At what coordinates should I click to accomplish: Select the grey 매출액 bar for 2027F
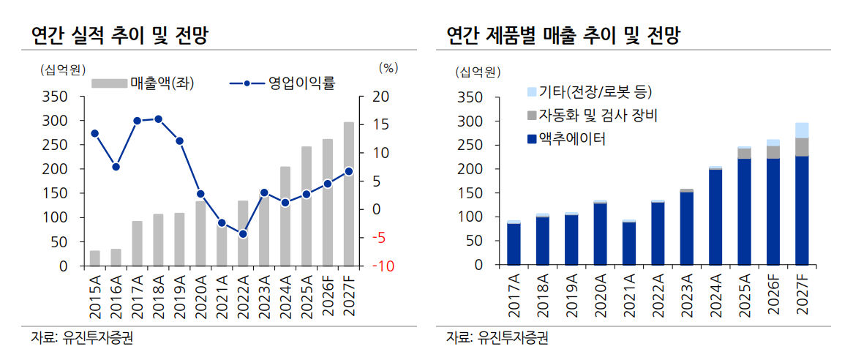pyautogui.click(x=349, y=194)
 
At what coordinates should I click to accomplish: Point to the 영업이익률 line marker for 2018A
pyautogui.click(x=158, y=119)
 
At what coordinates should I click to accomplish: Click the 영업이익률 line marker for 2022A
pyautogui.click(x=243, y=234)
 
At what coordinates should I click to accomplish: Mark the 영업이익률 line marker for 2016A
pyautogui.click(x=116, y=167)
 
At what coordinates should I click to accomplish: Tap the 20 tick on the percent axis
pyautogui.click(x=383, y=97)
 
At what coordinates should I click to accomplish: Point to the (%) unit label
pyautogui.click(x=388, y=68)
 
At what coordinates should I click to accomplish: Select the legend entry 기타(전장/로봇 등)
pyautogui.click(x=594, y=91)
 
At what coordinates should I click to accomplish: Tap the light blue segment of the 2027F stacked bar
pyautogui.click(x=802, y=130)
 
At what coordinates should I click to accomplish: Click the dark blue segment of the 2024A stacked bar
pyautogui.click(x=715, y=217)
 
